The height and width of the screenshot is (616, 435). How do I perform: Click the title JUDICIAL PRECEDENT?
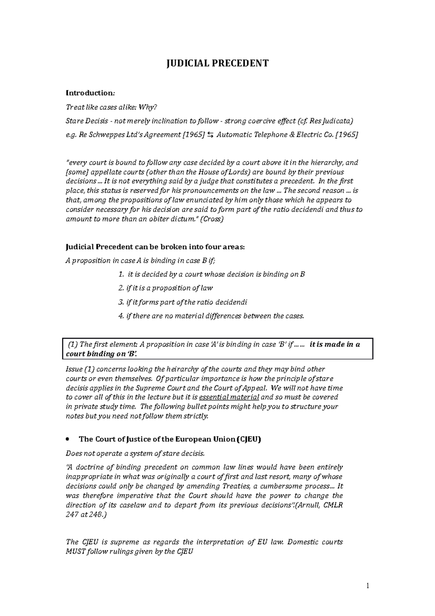217,63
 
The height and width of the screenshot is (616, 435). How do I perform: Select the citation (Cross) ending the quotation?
212,219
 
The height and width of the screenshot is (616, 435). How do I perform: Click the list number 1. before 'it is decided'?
121,275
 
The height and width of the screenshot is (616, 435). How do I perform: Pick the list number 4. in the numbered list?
121,316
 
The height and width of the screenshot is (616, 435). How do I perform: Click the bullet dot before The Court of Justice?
68,440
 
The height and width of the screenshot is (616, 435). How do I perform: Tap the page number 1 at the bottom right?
367,586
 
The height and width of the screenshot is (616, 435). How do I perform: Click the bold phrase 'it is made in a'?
335,345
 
